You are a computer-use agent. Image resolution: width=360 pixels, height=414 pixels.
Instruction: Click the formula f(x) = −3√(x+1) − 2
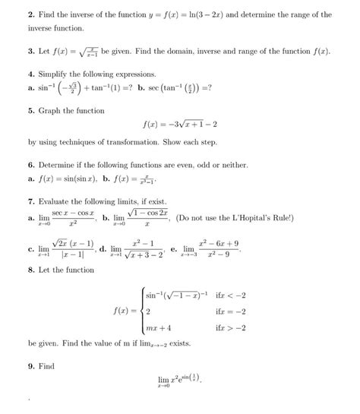pos(179,125)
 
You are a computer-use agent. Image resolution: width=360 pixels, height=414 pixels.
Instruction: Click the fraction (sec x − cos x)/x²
pos(74,219)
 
